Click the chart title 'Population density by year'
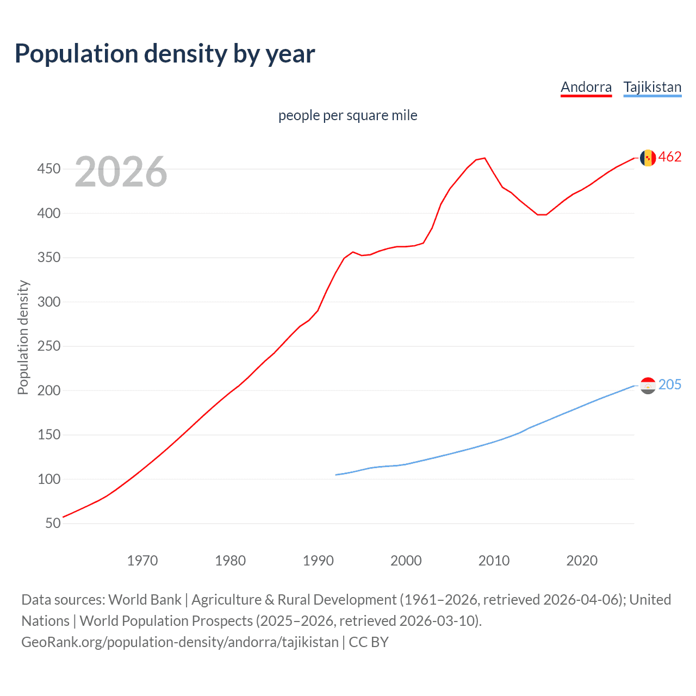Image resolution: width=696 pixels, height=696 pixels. click(x=165, y=54)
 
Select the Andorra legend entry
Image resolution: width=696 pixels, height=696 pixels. click(x=586, y=88)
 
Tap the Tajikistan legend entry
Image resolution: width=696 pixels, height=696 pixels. click(x=652, y=88)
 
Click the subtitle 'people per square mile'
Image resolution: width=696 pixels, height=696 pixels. click(x=347, y=115)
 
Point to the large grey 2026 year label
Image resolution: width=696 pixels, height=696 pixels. click(x=121, y=172)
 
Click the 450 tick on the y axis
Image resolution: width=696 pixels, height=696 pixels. click(x=49, y=169)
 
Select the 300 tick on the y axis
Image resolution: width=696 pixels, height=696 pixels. click(x=49, y=302)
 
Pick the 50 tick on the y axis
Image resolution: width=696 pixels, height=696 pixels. click(x=53, y=523)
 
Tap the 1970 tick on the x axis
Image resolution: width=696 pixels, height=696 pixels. click(x=142, y=561)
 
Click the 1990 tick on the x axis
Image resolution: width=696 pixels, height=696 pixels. click(x=318, y=561)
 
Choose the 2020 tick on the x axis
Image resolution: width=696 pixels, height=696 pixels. click(x=582, y=561)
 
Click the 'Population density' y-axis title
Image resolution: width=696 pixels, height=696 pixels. click(x=23, y=337)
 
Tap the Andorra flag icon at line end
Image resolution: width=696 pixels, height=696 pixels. click(x=648, y=158)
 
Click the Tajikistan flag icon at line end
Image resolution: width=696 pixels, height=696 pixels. click(x=648, y=386)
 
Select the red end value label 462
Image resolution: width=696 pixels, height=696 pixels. click(x=670, y=157)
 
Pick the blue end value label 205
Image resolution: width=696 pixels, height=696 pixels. click(x=670, y=385)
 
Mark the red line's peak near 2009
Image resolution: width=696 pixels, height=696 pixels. click(x=484, y=158)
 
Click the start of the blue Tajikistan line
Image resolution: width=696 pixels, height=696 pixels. click(x=336, y=475)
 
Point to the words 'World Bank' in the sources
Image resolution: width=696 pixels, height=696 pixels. click(x=145, y=600)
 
